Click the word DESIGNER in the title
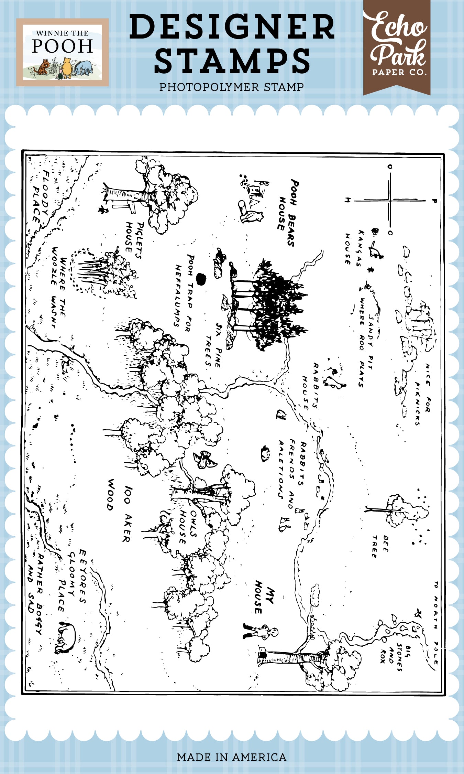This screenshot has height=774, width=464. [x=232, y=27]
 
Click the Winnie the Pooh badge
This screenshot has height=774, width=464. [x=62, y=52]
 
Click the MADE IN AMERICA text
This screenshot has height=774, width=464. [x=232, y=757]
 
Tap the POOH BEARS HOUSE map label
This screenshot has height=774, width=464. [x=287, y=213]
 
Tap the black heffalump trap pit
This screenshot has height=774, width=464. [x=200, y=279]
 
